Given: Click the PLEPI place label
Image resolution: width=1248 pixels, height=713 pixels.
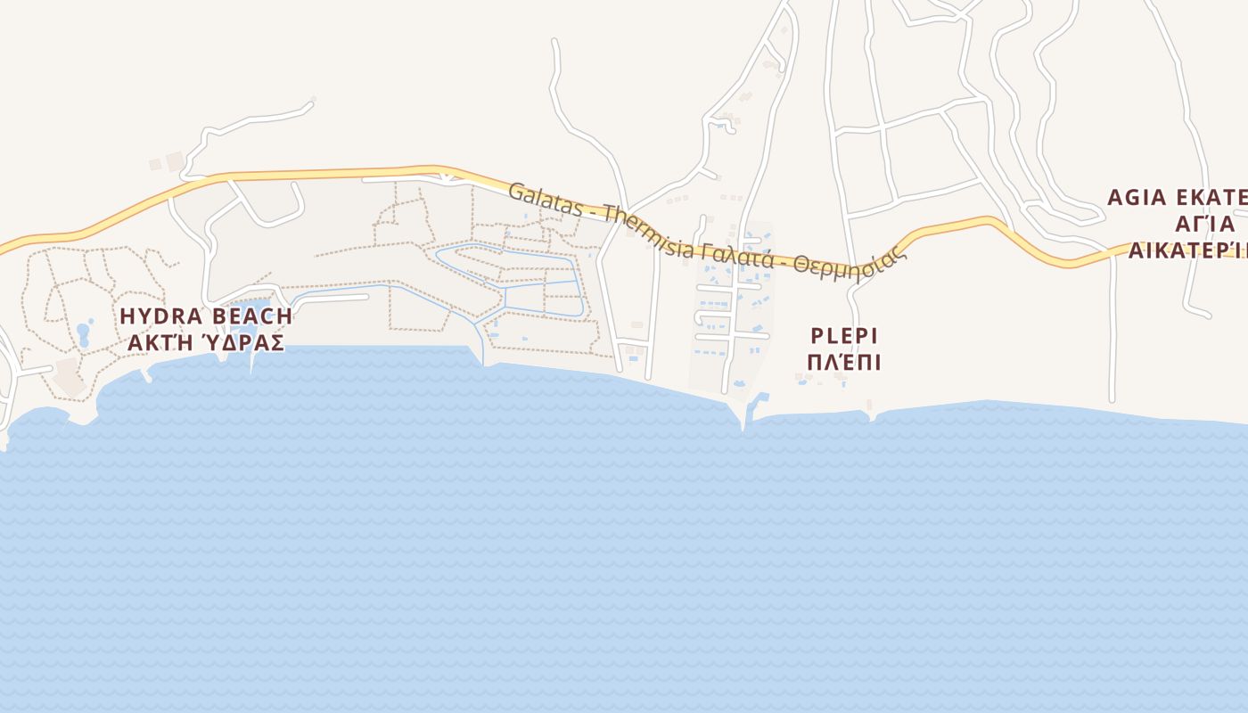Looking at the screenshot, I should coord(844,336).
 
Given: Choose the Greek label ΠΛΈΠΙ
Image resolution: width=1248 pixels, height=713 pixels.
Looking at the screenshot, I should coord(844,363).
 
